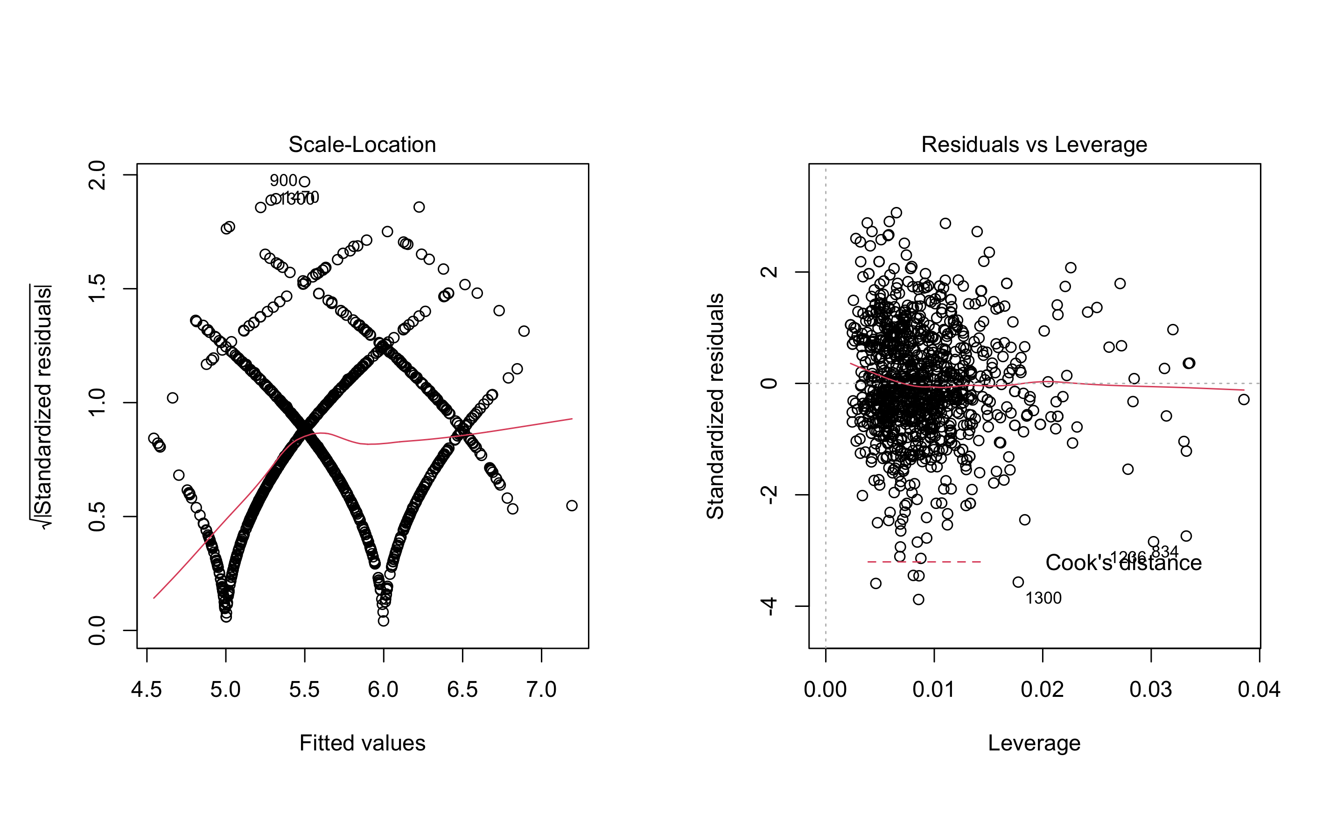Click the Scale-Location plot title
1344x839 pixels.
pos(362,145)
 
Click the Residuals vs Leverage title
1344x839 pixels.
pos(1034,145)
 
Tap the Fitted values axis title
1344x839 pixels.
pos(362,743)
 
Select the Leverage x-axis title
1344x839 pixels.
pos(1034,743)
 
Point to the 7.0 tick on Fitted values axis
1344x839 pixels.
pos(541,690)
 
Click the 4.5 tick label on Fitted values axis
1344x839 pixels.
pos(146,690)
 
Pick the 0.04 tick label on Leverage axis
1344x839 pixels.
pos(1259,690)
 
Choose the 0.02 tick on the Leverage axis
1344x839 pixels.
pos(1043,690)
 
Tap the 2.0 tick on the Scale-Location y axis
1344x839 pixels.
pos(97,175)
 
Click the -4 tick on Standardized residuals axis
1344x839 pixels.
pos(770,606)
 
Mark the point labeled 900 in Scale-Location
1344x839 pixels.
pos(304,181)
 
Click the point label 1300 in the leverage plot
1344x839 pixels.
pos(1043,598)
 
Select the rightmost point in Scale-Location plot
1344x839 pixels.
pos(572,506)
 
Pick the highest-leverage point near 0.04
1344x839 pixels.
pos(1244,399)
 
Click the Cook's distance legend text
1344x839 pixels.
pos(1123,563)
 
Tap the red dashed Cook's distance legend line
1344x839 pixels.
pos(924,562)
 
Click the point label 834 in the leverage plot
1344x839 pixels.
pos(1165,552)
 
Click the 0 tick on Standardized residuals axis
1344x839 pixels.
pos(770,384)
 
